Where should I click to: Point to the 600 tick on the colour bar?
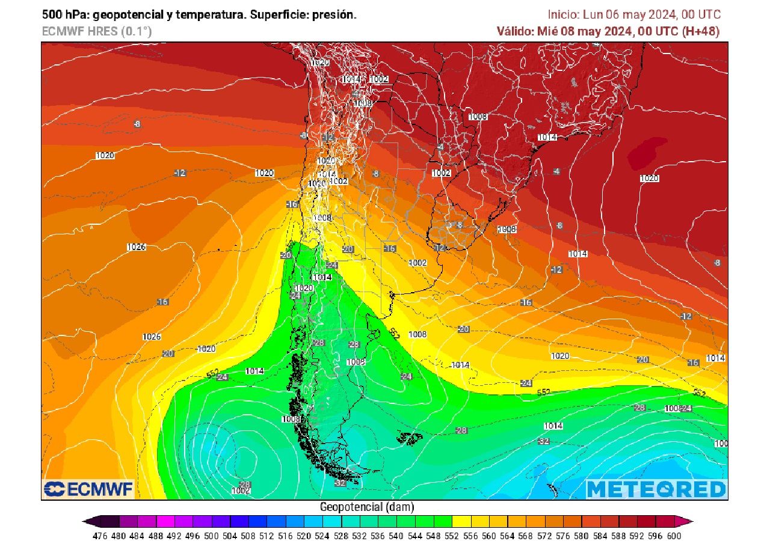(673, 535)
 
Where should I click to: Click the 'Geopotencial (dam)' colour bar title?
(367, 507)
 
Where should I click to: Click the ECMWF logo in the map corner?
(88, 489)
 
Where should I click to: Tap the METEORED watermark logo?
(656, 489)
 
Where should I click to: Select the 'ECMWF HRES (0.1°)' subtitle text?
(96, 32)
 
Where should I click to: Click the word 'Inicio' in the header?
(562, 15)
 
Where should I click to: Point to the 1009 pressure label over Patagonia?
(356, 362)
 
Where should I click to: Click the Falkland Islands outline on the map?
(410, 439)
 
